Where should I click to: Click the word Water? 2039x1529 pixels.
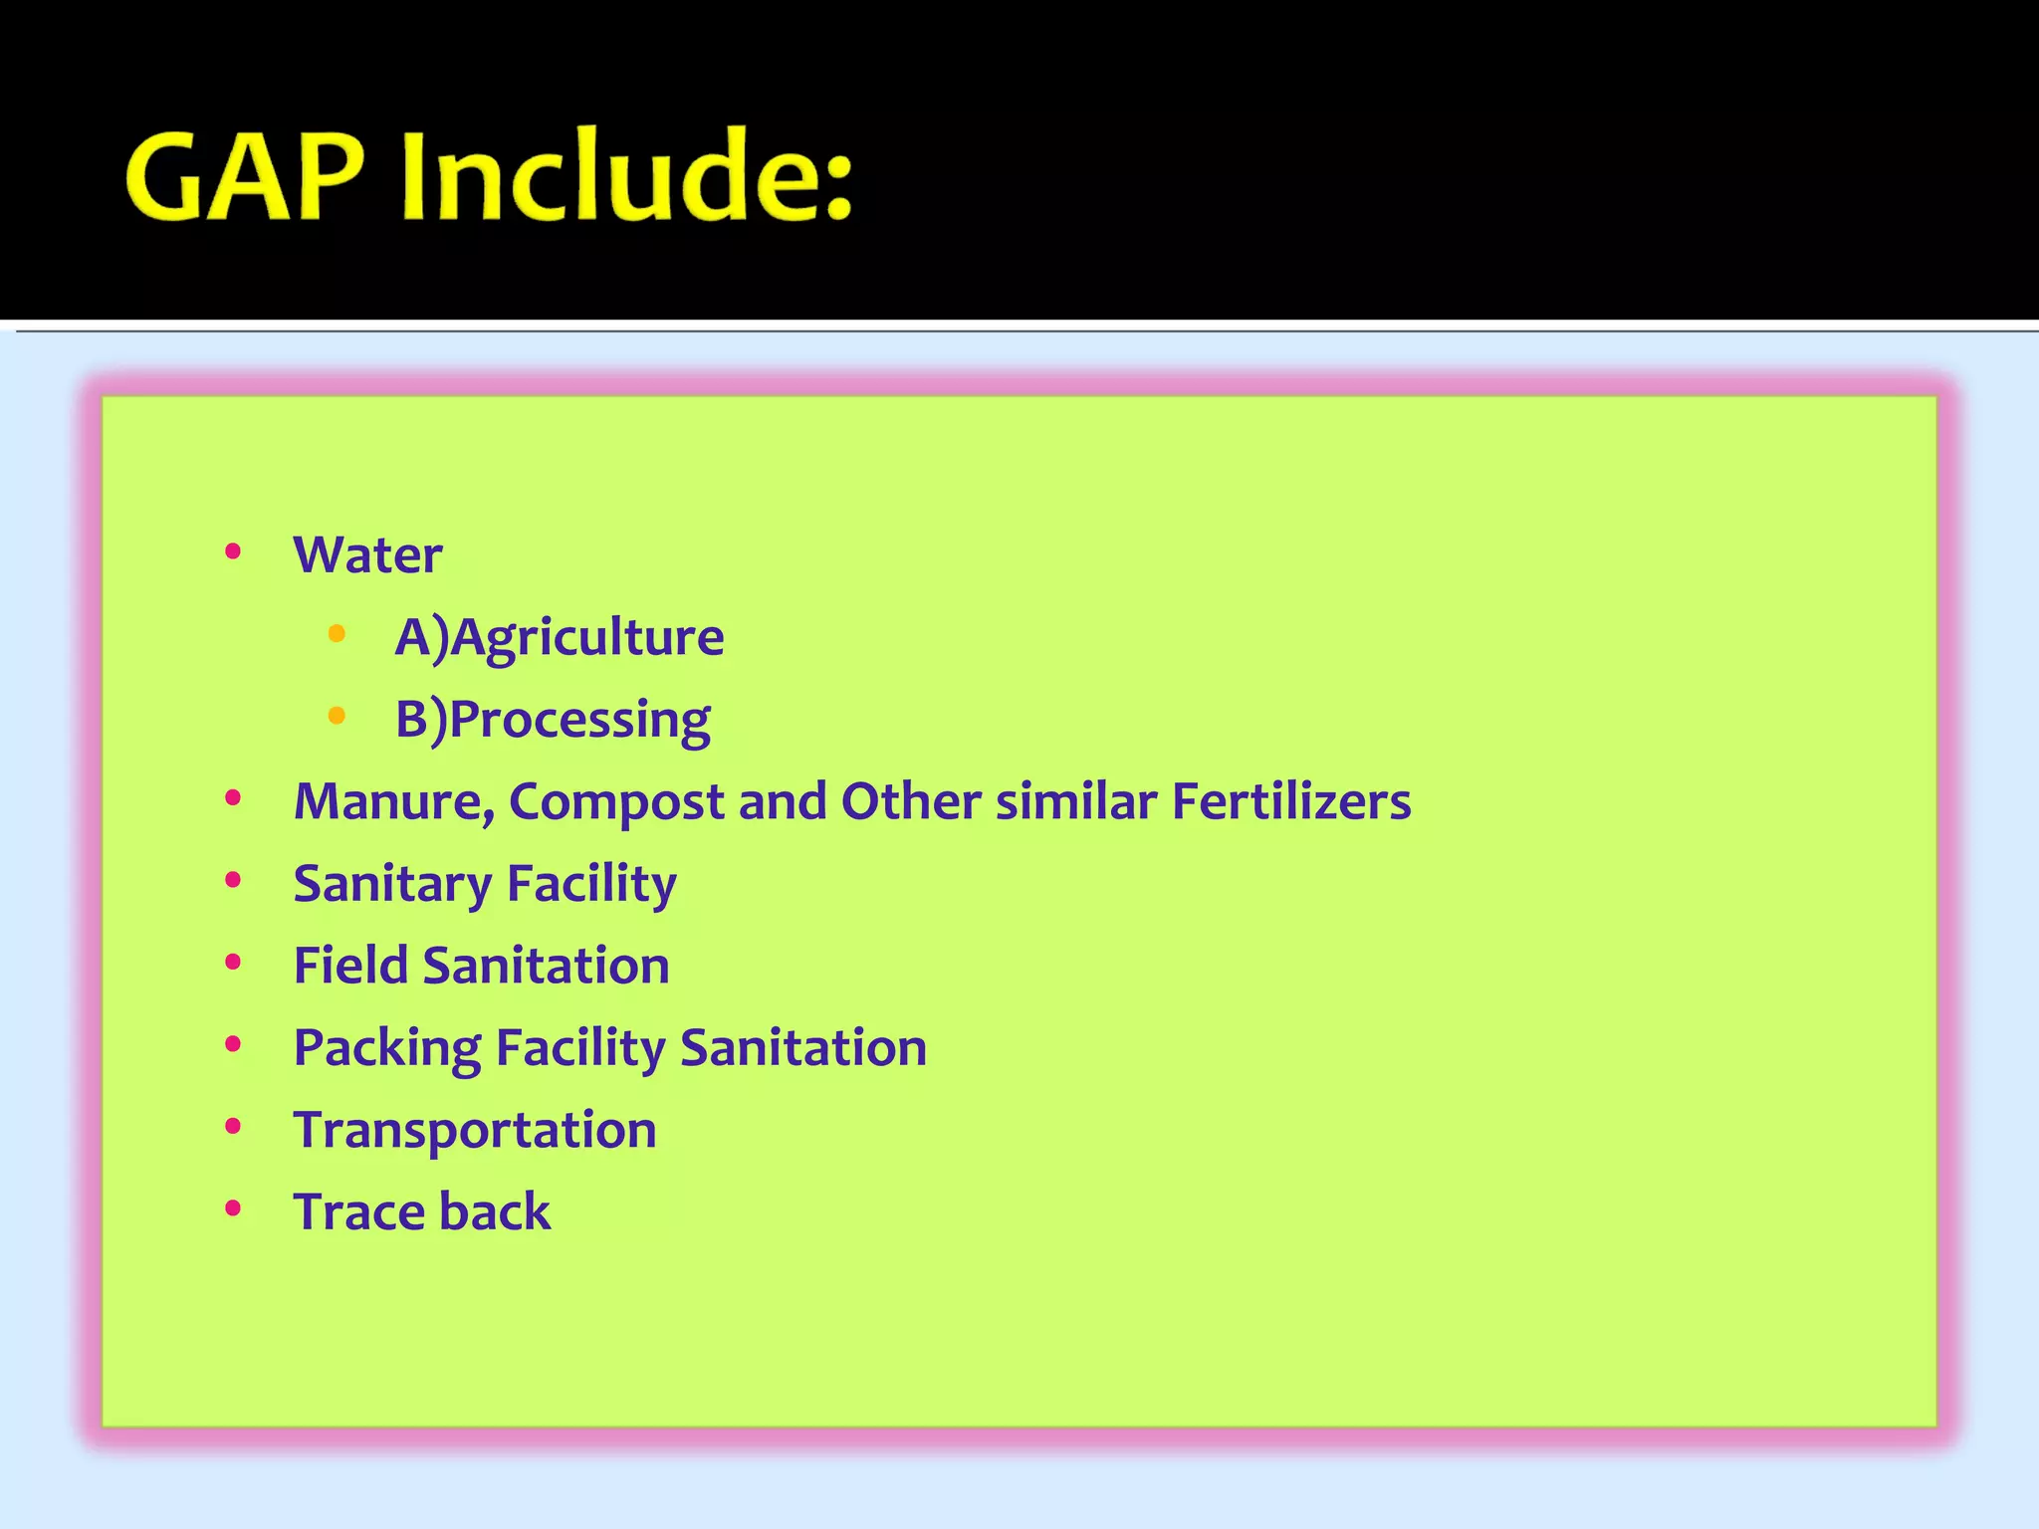coord(367,555)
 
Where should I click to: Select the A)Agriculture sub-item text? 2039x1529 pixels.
coord(560,638)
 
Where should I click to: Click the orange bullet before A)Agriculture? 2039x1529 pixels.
coord(337,633)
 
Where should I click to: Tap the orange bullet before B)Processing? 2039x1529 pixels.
coord(337,715)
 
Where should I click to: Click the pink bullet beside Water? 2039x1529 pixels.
coord(233,551)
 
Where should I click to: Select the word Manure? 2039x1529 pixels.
coord(394,802)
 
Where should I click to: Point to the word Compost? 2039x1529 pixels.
coord(616,802)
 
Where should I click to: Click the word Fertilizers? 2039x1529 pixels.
coord(1290,802)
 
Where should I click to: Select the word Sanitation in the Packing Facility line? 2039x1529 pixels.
coord(802,1048)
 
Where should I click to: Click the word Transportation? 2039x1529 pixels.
coord(475,1131)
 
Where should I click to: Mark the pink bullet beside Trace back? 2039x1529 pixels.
coord(233,1208)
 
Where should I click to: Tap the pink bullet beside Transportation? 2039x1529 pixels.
coord(233,1127)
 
